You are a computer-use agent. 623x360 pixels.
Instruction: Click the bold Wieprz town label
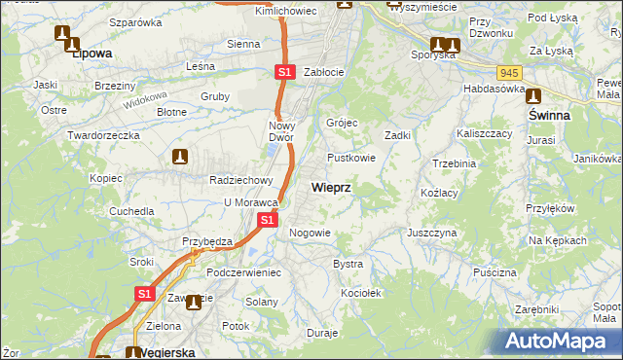coord(331,186)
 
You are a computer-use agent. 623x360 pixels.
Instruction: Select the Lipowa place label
coord(92,54)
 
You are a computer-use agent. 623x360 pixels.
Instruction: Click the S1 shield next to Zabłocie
coord(283,72)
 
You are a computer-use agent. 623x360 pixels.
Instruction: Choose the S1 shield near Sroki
coord(144,293)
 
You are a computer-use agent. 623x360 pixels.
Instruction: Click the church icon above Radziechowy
coord(180,156)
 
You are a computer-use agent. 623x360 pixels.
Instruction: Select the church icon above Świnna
coord(533,95)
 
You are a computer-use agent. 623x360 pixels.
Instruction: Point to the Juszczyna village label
coord(432,234)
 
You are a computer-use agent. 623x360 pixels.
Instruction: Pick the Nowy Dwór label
coord(287,131)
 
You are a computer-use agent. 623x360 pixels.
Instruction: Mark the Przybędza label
coord(205,241)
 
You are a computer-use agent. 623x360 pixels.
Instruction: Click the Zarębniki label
coord(538,307)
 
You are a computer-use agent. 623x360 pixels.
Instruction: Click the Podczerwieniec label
coord(243,272)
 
